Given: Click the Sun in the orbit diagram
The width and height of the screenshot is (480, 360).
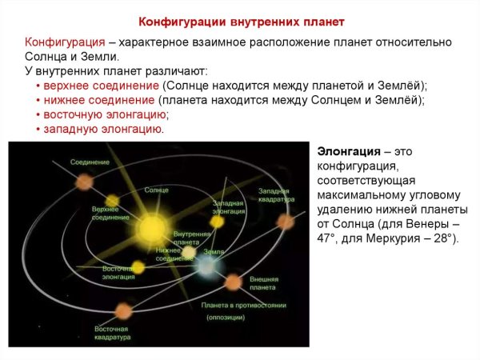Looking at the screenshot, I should (x=152, y=229).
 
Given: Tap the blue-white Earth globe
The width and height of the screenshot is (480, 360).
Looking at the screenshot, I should (x=206, y=268).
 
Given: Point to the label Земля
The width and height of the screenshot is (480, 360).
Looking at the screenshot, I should (x=213, y=251).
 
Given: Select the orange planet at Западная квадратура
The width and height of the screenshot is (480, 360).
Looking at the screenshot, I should (x=286, y=222).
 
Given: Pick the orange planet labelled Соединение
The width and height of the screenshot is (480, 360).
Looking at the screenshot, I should (x=84, y=182).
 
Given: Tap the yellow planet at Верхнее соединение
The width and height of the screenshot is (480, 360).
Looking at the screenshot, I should (x=112, y=201).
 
